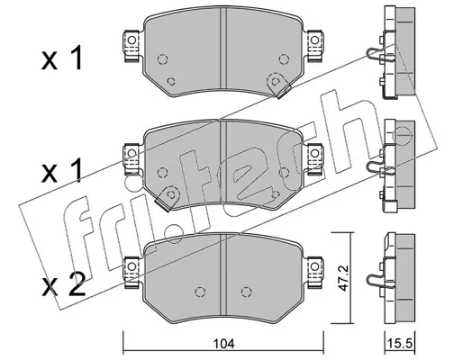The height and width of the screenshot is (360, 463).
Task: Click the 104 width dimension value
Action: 223,343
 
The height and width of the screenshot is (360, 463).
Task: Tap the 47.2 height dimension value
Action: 342,278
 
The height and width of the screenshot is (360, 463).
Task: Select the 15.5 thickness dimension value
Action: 400,343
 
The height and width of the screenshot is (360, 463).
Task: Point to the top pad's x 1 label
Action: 62,59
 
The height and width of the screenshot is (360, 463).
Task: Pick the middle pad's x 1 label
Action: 62,171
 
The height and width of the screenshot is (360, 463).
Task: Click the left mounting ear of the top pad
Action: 132,46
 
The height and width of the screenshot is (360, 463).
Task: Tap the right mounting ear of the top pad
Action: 314,46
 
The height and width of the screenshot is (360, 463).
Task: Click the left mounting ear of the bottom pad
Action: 132,272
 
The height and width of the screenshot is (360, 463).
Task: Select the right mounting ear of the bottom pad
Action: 314,272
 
